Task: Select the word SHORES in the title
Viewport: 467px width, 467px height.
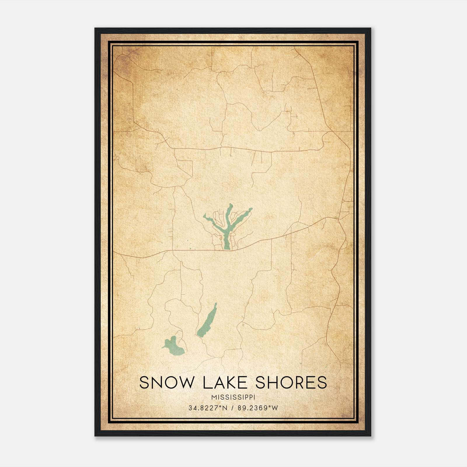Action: (x=291, y=383)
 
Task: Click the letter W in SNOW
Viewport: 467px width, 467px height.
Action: (x=184, y=383)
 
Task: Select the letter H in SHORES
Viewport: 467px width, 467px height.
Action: (x=271, y=383)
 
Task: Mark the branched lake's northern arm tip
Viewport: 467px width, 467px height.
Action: (x=231, y=205)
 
